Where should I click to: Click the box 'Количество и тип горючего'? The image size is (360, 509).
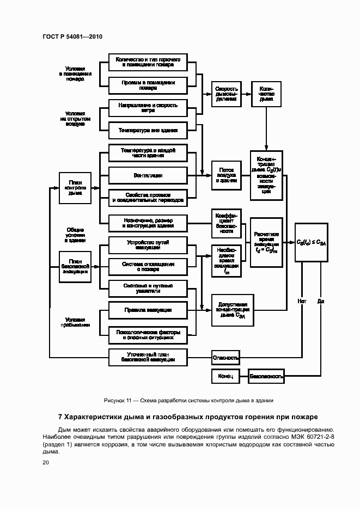tap(148, 61)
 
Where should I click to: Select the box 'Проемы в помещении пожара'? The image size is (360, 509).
tap(148, 85)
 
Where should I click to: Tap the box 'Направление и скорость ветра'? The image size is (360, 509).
tap(148, 107)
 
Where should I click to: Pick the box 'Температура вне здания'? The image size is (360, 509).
tap(148, 131)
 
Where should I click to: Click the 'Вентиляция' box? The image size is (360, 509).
tap(148, 175)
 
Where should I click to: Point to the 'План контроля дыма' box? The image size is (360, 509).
tap(75, 188)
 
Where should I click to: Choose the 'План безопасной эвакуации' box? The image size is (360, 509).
tap(75, 267)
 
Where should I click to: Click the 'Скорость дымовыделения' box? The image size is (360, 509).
tap(227, 93)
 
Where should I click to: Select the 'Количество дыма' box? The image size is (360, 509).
tap(266, 93)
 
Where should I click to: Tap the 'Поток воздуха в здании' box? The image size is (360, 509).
tap(227, 175)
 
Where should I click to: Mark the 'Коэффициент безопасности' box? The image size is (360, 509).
tap(227, 223)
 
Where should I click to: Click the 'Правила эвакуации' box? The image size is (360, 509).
tap(148, 310)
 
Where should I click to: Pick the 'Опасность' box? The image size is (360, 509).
tap(225, 358)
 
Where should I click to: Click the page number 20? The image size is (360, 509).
tap(46, 463)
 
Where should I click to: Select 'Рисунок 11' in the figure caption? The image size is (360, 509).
tap(118, 400)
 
